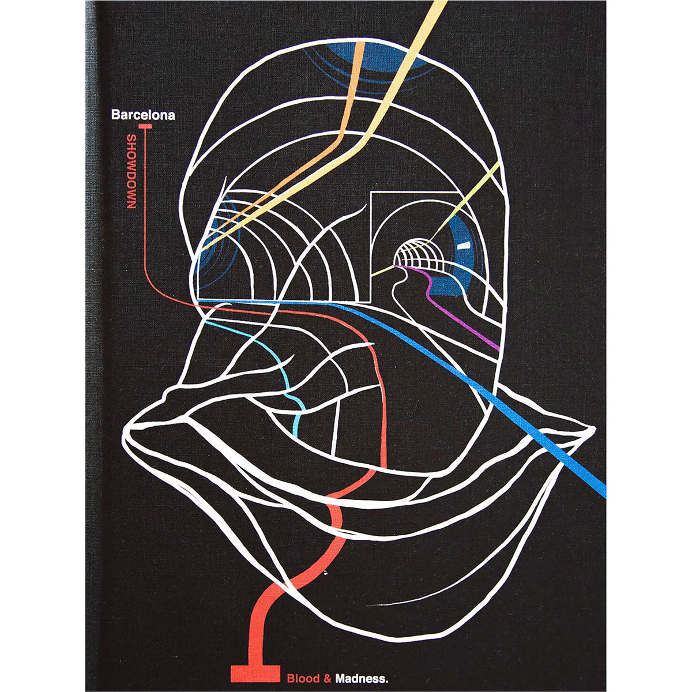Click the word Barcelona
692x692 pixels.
point(143,115)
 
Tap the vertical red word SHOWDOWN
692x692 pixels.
point(131,172)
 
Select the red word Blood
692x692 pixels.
point(303,669)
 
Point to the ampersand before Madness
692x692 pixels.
point(327,669)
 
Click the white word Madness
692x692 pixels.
point(362,669)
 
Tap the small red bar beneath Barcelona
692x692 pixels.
point(145,126)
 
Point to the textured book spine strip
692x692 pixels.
point(91,346)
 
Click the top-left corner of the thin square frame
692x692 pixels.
point(370,192)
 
